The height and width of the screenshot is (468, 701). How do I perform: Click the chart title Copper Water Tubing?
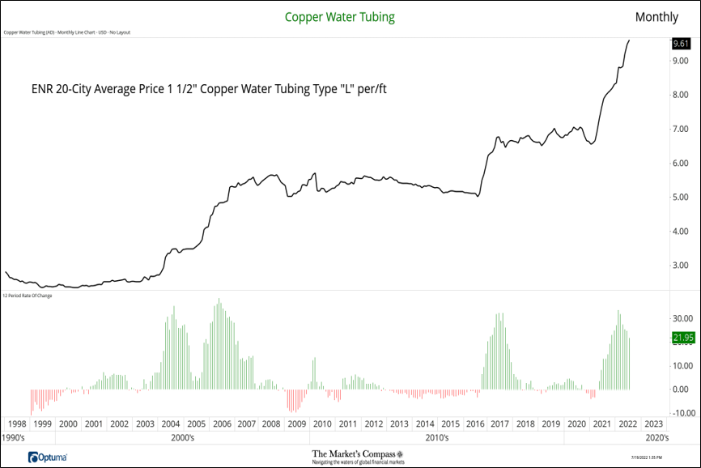coord(340,16)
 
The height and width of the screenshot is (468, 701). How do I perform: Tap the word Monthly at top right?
coord(656,16)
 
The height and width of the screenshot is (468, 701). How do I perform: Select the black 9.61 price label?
coord(680,44)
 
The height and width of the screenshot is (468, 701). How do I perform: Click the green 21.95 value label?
coord(682,338)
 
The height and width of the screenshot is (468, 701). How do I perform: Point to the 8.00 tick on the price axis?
coord(680,96)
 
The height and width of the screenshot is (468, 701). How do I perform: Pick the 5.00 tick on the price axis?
coord(680,198)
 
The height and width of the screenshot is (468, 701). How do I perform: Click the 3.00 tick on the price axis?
coord(680,266)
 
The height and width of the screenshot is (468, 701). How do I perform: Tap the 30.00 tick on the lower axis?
coord(682,318)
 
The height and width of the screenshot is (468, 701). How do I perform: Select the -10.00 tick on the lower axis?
coord(682,413)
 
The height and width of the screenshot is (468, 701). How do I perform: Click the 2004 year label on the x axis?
coord(170,423)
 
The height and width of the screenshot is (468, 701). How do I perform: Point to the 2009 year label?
coord(297,423)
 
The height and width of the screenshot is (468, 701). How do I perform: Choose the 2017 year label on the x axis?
coord(499,423)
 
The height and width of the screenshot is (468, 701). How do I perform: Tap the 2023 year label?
coord(652,423)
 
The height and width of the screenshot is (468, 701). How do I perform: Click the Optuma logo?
coord(46,457)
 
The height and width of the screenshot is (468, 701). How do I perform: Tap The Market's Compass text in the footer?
coord(352,454)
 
